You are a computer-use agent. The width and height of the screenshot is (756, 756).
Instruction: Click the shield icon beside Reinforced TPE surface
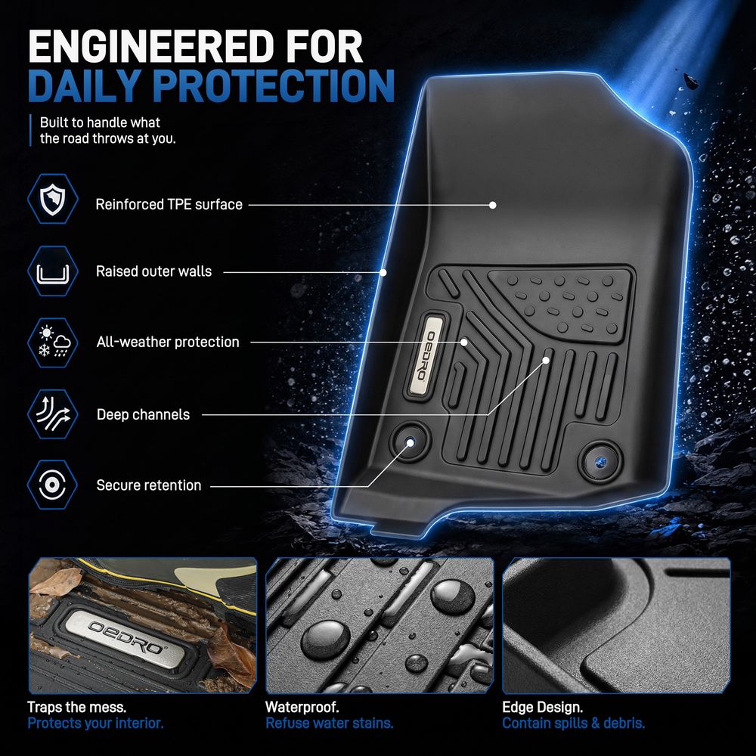tap(53, 199)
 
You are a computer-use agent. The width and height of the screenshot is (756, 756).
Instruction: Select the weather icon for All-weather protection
tap(53, 342)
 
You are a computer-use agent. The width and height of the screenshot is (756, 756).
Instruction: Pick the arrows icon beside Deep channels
tap(53, 414)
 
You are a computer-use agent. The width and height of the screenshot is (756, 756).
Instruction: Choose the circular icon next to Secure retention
tap(53, 485)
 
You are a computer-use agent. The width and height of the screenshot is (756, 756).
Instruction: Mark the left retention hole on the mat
tap(411, 442)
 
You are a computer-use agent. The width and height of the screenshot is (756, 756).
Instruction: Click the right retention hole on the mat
tap(600, 462)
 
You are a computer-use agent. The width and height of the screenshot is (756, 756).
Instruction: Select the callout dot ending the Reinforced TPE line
tap(492, 205)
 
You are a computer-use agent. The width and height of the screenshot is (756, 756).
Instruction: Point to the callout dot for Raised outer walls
tap(383, 272)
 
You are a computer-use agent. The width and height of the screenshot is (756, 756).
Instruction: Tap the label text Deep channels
tap(143, 414)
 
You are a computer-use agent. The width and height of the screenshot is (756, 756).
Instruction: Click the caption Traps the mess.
tap(77, 708)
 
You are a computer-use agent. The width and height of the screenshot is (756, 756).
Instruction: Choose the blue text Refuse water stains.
tap(330, 723)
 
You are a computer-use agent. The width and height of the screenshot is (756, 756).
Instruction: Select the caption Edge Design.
tap(542, 708)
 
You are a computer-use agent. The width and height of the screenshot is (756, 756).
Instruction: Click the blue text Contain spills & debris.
tap(573, 723)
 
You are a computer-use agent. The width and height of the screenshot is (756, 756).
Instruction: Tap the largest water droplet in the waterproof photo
tap(326, 640)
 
